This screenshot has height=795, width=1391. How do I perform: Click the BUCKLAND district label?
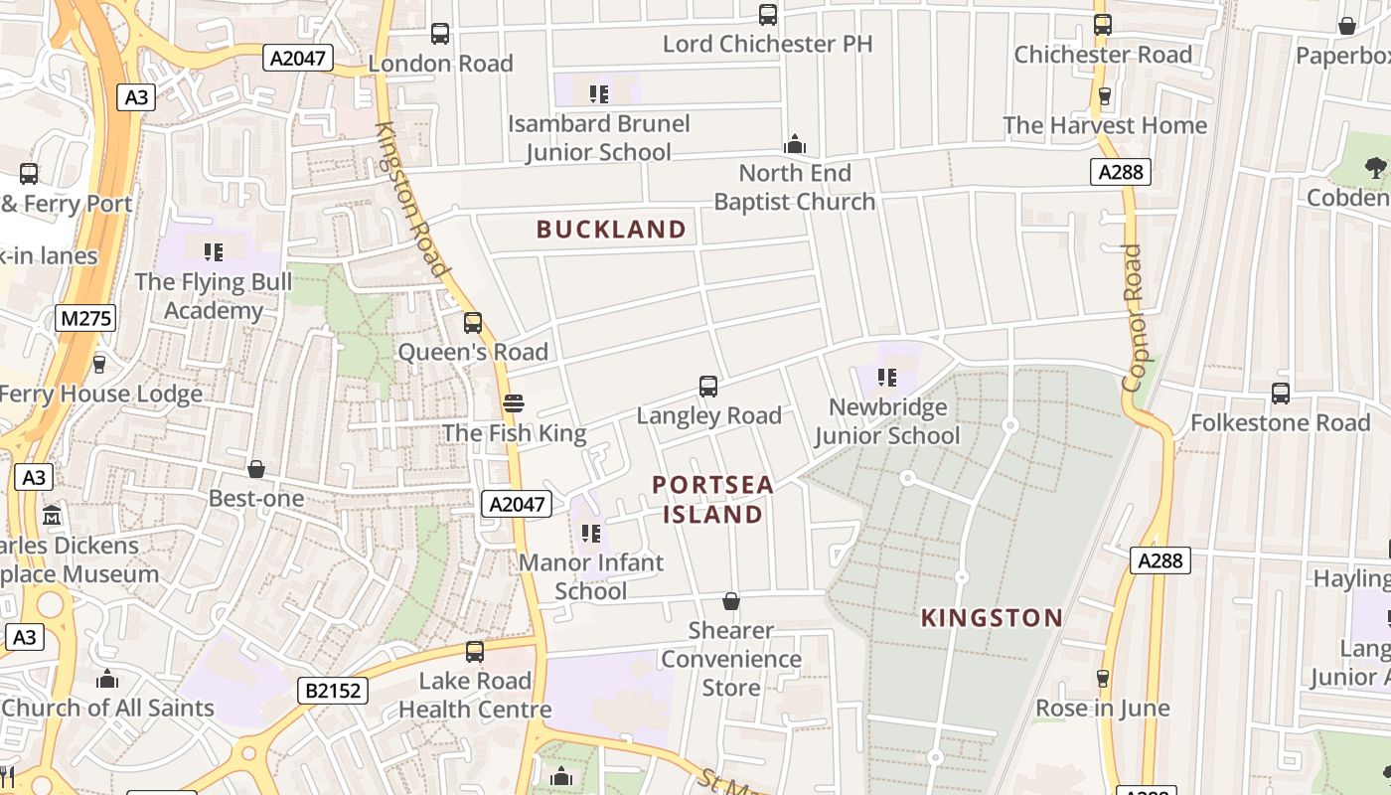tap(611, 230)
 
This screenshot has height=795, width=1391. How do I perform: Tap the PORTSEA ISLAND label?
tap(712, 499)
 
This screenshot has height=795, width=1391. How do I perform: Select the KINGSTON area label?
tap(992, 618)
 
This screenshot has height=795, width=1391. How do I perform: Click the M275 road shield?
tap(85, 318)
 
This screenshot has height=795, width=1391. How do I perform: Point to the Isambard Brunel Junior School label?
tap(598, 138)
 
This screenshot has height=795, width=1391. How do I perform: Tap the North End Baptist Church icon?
tap(794, 145)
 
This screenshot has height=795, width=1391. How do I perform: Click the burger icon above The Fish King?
tap(513, 403)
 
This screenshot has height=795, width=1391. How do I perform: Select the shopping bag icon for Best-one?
tap(256, 468)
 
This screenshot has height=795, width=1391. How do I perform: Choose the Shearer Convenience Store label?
tap(731, 659)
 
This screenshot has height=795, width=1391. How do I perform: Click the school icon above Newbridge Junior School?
tap(887, 378)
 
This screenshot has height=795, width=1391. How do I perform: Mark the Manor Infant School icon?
tap(591, 534)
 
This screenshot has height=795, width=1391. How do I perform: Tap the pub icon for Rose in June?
tap(1102, 679)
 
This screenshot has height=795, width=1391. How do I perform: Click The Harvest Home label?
tap(1105, 125)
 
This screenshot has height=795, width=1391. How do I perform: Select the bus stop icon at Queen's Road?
tap(473, 323)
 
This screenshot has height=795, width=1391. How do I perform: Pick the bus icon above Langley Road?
tap(708, 387)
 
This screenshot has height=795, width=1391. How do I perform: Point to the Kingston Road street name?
tap(413, 199)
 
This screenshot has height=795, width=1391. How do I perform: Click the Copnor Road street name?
tap(1132, 318)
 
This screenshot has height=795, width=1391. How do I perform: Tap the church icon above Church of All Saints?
tap(107, 680)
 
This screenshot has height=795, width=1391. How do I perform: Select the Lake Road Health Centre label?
tap(475, 695)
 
